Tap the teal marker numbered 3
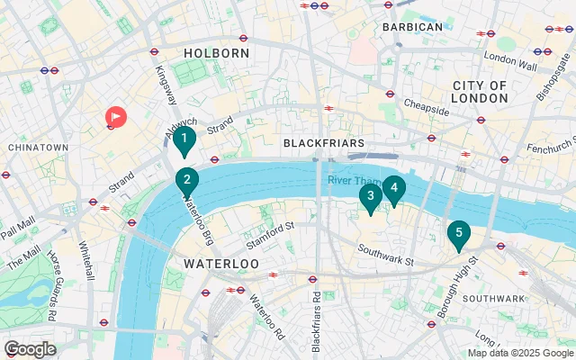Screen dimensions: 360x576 [x=370, y=196]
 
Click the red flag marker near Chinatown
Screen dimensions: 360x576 [x=116, y=117]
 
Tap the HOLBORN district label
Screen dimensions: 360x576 [x=216, y=54]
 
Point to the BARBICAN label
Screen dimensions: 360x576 [x=413, y=27]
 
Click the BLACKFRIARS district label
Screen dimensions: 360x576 [x=323, y=143]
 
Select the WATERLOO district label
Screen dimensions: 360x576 [x=221, y=264]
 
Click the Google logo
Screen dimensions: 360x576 [x=30, y=349]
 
